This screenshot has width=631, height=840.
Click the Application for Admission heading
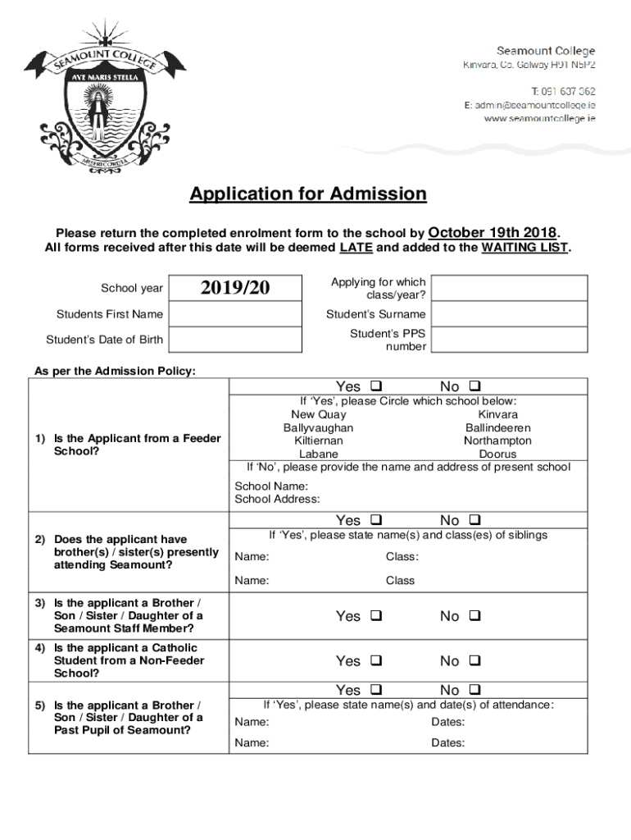(x=308, y=194)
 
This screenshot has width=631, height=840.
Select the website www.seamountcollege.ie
(x=539, y=119)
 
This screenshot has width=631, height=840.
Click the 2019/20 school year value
(x=235, y=288)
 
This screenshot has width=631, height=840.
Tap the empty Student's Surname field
(x=509, y=314)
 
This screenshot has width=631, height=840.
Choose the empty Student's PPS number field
(x=509, y=340)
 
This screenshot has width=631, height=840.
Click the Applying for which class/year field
(x=509, y=288)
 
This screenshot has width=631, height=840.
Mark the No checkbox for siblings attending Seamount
(x=474, y=520)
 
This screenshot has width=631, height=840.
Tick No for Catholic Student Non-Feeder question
(x=474, y=660)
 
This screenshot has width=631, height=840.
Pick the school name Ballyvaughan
(x=318, y=427)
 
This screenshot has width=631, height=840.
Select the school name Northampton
(x=497, y=441)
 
